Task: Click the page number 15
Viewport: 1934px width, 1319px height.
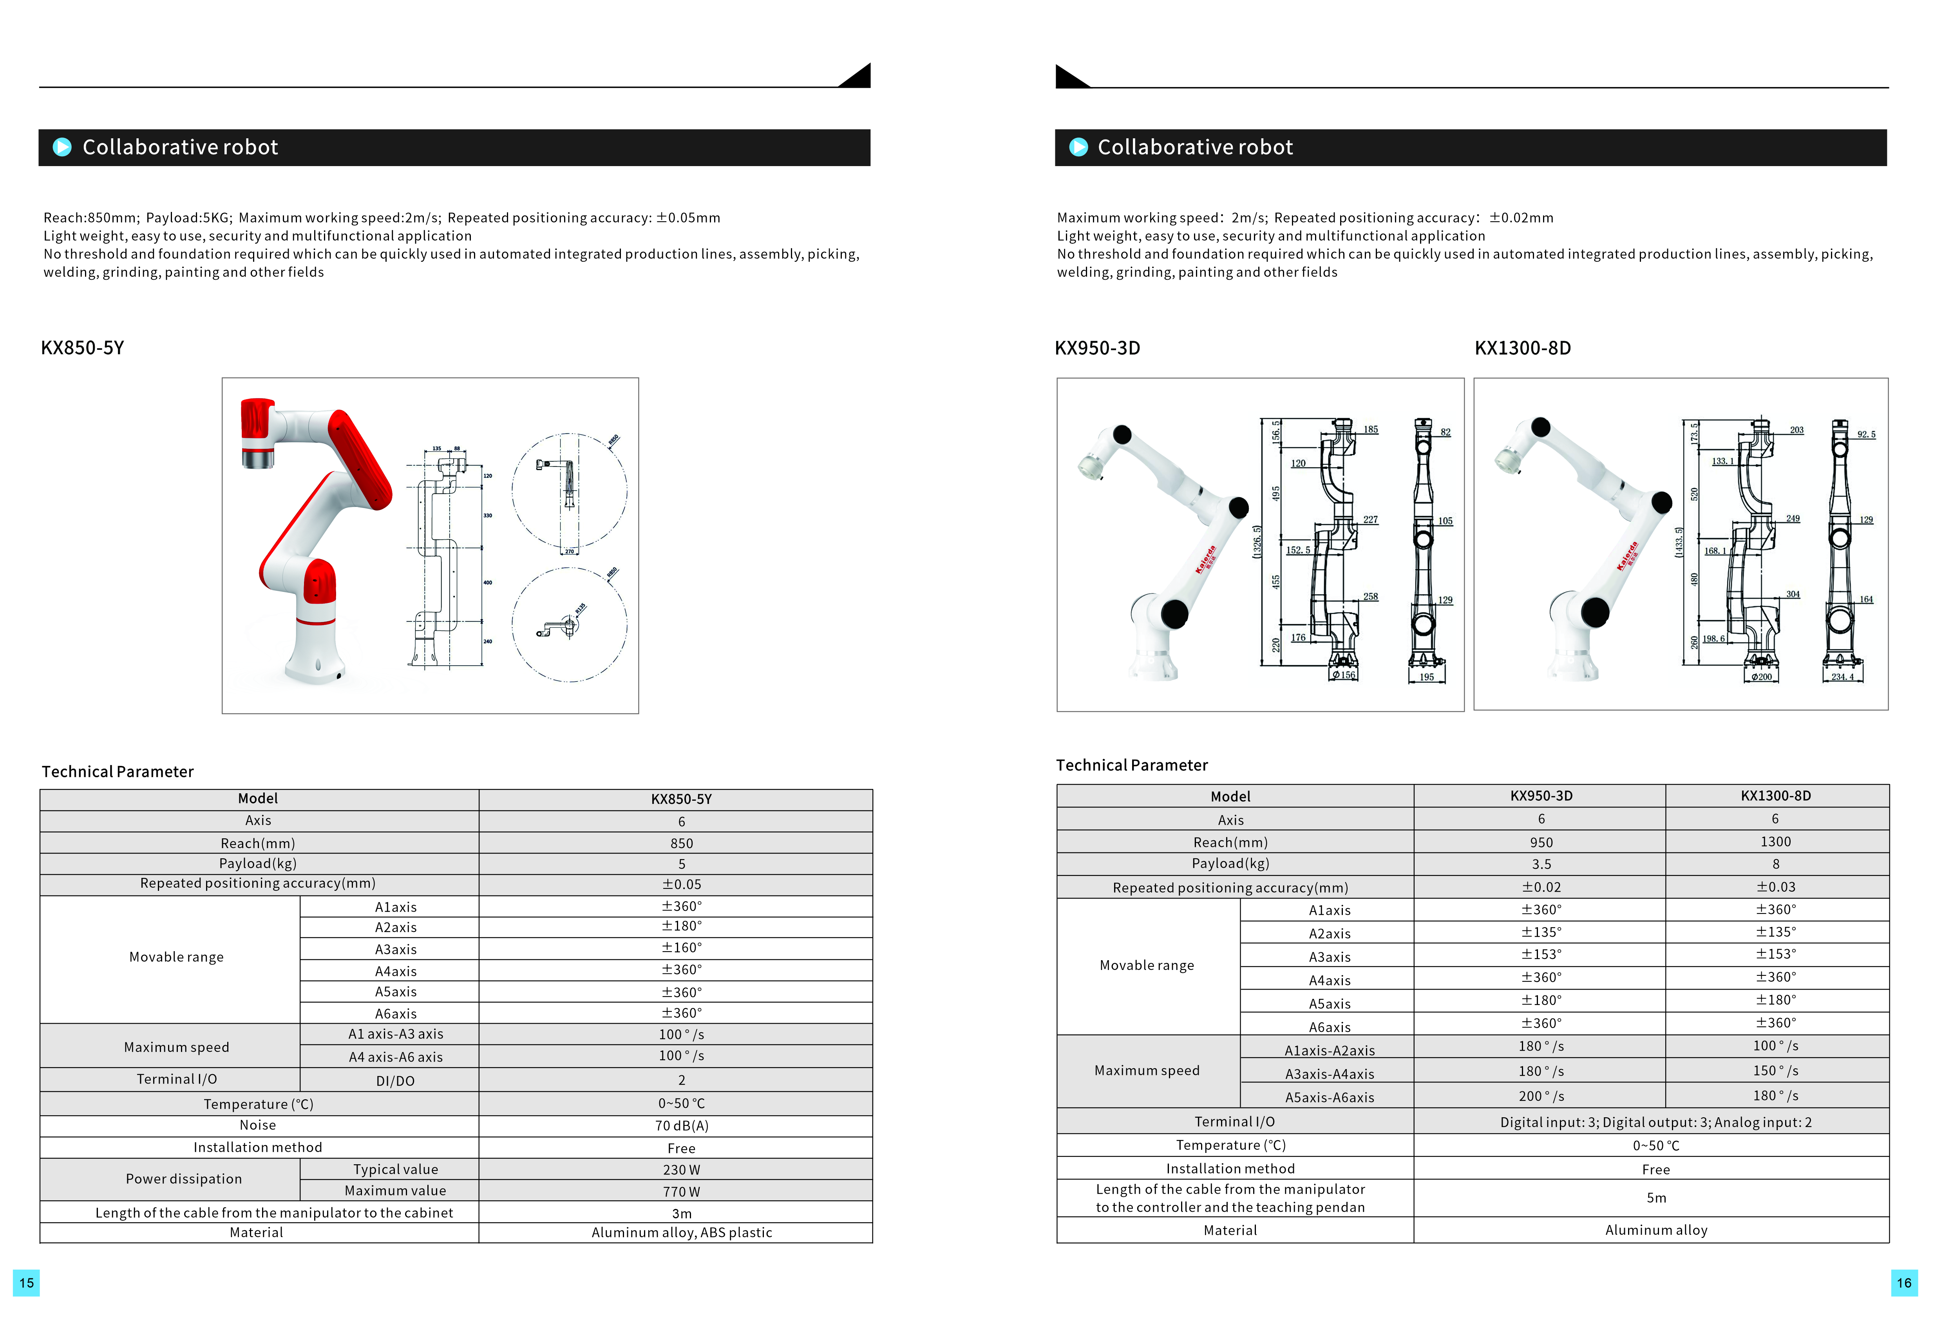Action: (x=27, y=1283)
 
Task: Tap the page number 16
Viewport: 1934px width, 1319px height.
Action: (x=1904, y=1283)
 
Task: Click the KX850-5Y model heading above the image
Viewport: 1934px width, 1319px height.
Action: (x=82, y=348)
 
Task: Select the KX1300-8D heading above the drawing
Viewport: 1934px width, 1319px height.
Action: (x=1522, y=348)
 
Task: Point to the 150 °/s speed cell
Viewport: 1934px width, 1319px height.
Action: (x=1775, y=1070)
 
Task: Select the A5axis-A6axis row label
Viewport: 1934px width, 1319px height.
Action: (x=1329, y=1097)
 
